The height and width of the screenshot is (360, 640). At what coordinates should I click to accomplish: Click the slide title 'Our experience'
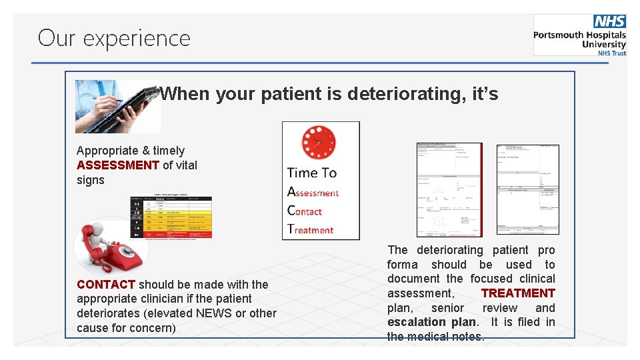tap(114, 38)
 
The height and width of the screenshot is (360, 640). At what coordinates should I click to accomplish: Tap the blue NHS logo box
tap(609, 22)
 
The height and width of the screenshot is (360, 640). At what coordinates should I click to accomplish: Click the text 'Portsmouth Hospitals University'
tap(580, 40)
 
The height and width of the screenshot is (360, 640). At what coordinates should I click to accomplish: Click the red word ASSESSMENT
tap(118, 165)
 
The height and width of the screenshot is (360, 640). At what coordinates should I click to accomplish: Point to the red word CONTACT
tap(106, 285)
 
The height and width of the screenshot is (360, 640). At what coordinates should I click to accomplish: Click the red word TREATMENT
tap(518, 293)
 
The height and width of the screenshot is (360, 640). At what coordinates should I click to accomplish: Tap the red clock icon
tap(318, 142)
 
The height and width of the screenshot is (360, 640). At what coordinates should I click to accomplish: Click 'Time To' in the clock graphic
tap(311, 173)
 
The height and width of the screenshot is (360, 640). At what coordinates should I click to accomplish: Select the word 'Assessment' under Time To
tap(313, 193)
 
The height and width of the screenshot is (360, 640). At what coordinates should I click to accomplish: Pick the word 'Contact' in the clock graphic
tap(305, 211)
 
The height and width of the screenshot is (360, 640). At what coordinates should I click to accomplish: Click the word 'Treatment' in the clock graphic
tap(310, 230)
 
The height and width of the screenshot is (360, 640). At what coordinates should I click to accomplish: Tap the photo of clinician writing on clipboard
tap(117, 107)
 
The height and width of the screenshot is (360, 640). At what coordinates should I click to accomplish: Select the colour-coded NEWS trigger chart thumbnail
tap(171, 216)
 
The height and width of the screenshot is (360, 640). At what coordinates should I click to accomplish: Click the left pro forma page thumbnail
tap(449, 189)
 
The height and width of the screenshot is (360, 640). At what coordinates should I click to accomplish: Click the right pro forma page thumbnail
tap(527, 189)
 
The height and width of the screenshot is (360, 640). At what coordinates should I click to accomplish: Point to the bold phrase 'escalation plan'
tap(431, 323)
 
